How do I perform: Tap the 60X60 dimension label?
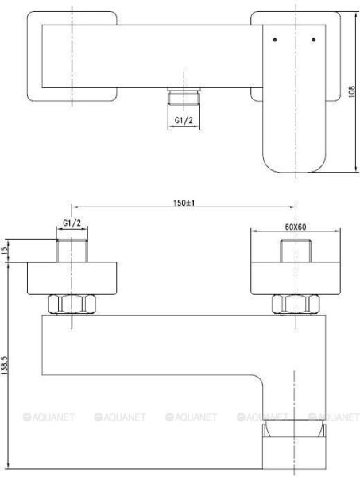click(296, 227)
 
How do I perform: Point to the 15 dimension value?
click(6, 251)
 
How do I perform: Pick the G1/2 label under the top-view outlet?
click(184, 120)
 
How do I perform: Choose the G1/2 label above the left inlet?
click(72, 226)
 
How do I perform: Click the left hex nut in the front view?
click(72, 304)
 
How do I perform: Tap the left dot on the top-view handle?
click(274, 39)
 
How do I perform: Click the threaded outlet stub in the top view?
click(184, 98)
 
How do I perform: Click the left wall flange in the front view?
click(72, 277)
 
